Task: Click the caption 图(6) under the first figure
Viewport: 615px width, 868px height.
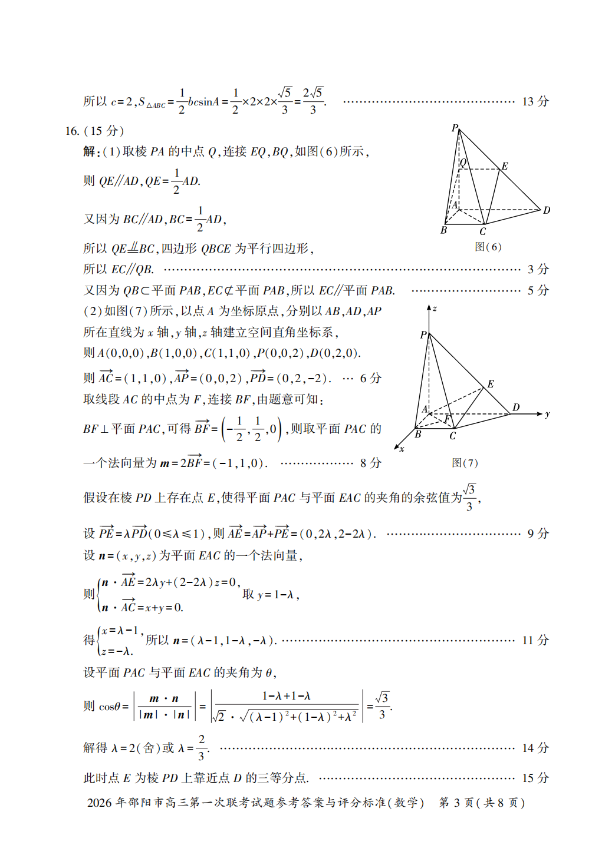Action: click(x=488, y=247)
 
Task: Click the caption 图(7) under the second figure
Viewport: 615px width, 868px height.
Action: click(x=465, y=463)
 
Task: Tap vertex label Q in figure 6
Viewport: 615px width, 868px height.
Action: click(x=463, y=163)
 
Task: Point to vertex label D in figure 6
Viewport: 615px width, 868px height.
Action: click(x=547, y=210)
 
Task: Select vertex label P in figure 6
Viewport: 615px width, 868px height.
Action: click(x=455, y=128)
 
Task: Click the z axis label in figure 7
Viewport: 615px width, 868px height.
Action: click(x=435, y=309)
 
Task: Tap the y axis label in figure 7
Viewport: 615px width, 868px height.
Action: click(x=547, y=414)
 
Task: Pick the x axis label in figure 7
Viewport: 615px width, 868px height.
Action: click(x=402, y=449)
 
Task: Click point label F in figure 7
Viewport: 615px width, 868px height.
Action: click(x=447, y=419)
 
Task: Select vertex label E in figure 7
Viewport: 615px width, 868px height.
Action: click(x=491, y=384)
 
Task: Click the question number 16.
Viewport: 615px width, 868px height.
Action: click(x=72, y=131)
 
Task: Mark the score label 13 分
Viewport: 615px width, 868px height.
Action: click(x=535, y=101)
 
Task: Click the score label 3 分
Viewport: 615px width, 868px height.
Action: click(x=538, y=269)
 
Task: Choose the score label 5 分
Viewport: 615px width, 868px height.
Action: click(x=538, y=290)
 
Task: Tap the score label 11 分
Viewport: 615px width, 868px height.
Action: click(x=535, y=640)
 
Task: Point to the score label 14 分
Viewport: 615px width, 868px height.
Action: click(x=535, y=748)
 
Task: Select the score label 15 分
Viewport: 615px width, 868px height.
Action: click(x=535, y=778)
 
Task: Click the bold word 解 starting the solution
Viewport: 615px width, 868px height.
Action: click(x=89, y=151)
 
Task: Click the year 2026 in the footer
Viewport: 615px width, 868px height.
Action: click(x=100, y=803)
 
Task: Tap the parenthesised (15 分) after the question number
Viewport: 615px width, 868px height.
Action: click(x=104, y=131)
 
